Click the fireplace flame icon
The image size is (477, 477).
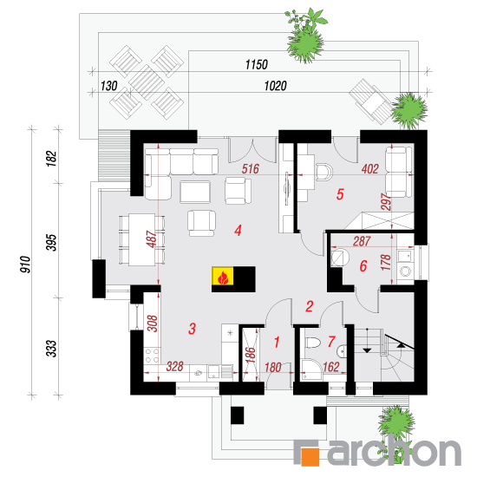tap(223, 277)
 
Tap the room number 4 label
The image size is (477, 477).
tap(238, 231)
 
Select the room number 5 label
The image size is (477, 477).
tap(340, 194)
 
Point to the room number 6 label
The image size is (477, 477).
tap(363, 266)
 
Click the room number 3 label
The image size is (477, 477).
tap(192, 329)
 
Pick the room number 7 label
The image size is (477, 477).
tap(331, 342)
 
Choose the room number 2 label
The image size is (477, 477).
tap(310, 306)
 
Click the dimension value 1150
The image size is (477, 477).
tap(257, 64)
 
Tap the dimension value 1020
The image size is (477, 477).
tap(275, 86)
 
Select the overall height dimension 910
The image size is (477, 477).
tap(25, 265)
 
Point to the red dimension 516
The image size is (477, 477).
tap(251, 169)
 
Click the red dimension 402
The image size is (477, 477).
tap(370, 169)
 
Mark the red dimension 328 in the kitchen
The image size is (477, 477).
tap(175, 367)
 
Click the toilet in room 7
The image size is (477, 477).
tap(313, 343)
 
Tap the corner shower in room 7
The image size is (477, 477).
tap(311, 370)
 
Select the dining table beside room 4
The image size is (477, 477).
tap(141, 239)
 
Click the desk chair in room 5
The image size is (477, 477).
tap(323, 173)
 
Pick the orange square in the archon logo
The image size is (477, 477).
tap(310, 456)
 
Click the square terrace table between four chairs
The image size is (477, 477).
tap(147, 82)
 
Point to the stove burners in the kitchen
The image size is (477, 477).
tap(152, 356)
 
